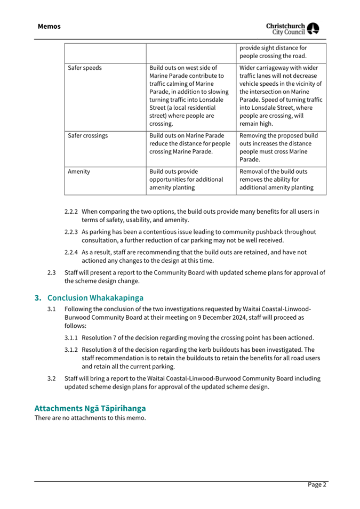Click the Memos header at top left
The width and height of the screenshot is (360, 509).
tap(49, 26)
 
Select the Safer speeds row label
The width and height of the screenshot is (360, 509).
tap(85, 68)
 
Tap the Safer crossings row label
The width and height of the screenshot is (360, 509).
tap(88, 136)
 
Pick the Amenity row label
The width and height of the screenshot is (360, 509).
tap(79, 172)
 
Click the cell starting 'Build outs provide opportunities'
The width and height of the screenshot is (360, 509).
tap(186, 180)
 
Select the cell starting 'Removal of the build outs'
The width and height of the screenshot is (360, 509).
tap(276, 180)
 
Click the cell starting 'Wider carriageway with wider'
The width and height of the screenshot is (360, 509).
tap(281, 96)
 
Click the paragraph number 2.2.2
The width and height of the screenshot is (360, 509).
tap(71, 212)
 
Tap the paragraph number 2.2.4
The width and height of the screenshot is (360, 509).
tap(71, 252)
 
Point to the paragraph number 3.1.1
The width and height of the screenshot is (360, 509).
tap(71, 338)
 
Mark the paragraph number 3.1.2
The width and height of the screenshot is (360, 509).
tap(71, 350)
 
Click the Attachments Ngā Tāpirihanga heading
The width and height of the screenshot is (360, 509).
tap(90, 408)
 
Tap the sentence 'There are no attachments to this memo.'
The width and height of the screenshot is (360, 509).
tap(90, 418)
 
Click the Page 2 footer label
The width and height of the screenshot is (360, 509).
tap(317, 484)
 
